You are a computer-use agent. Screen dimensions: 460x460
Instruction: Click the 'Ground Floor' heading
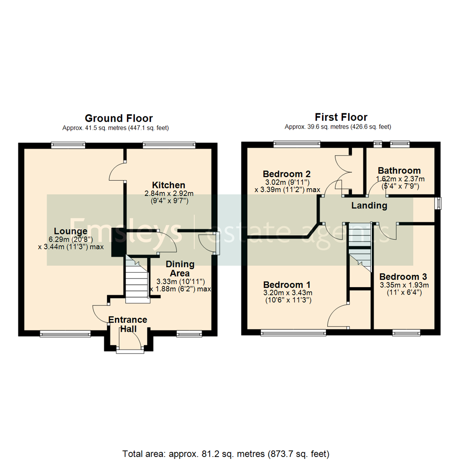coord(118,118)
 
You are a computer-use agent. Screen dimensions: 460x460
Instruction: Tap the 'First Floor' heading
coord(341,117)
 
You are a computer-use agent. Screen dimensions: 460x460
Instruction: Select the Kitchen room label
coord(169,185)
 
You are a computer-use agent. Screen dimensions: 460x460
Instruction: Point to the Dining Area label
coord(181,269)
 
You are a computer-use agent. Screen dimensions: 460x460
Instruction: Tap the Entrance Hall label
coord(127,324)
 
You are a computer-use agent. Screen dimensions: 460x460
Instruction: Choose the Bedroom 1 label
coord(287,285)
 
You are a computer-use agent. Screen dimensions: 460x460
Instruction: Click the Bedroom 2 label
coord(287,174)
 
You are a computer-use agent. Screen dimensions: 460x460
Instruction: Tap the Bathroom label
coord(399,171)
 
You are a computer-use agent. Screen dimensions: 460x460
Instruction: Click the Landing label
coord(369,206)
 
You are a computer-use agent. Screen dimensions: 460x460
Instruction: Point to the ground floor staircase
coord(137,280)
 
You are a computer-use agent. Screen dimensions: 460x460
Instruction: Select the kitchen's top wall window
coord(169,145)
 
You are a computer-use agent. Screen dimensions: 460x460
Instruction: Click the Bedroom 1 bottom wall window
coord(293,333)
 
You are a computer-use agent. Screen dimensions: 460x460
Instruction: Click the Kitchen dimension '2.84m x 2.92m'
coord(169,193)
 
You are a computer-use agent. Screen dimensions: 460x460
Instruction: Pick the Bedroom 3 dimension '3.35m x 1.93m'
coord(404,285)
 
